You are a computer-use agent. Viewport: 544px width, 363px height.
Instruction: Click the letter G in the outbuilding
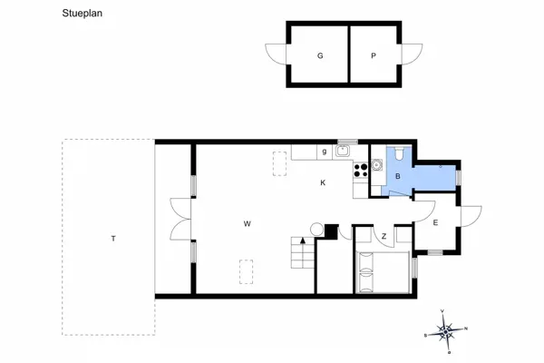click(x=320, y=56)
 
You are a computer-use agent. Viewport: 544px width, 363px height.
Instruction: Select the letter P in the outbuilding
click(x=373, y=56)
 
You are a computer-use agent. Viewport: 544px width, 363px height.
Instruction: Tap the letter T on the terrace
click(x=113, y=239)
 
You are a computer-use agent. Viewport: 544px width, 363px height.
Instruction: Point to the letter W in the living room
click(x=246, y=223)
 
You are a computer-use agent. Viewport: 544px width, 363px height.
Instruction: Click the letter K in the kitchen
click(x=323, y=183)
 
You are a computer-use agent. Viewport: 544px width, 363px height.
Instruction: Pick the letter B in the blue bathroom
click(x=397, y=176)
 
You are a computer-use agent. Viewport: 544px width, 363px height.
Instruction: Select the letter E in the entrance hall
click(x=435, y=222)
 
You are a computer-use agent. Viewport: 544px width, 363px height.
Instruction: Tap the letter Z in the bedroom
click(x=384, y=237)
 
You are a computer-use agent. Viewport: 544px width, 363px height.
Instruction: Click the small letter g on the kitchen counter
click(x=324, y=152)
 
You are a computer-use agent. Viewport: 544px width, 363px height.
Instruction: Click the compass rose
click(x=445, y=332)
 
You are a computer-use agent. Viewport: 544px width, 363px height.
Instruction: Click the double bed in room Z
click(x=384, y=272)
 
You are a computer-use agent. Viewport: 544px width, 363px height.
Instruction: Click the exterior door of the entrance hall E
click(x=471, y=217)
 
